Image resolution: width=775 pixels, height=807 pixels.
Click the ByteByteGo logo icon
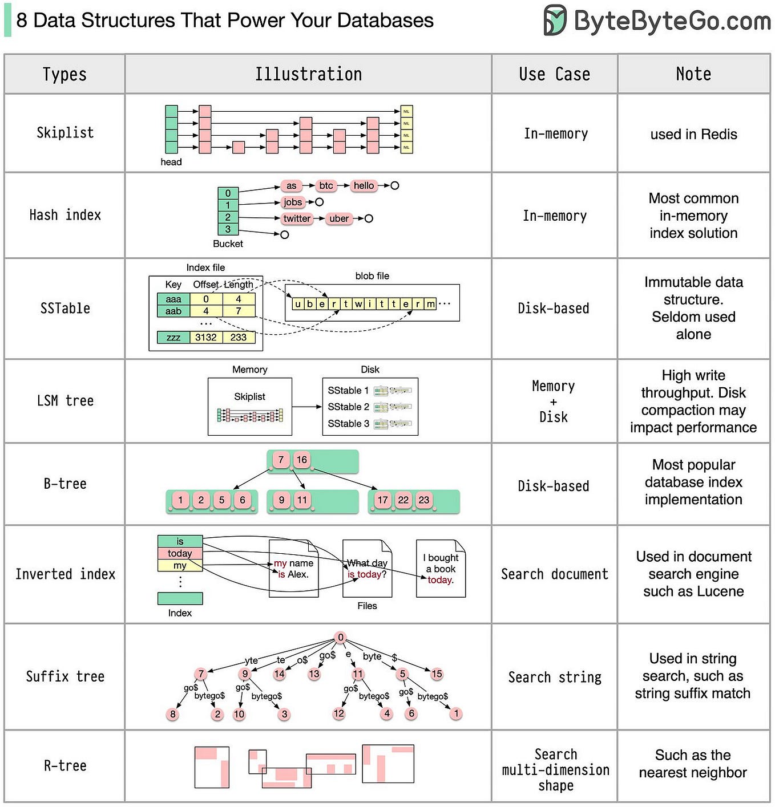[555, 21]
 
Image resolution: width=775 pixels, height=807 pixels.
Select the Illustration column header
[308, 74]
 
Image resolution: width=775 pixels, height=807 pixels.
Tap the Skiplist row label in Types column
[65, 133]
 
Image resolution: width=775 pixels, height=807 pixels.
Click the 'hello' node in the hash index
[364, 185]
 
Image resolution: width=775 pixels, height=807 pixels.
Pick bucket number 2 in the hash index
[228, 217]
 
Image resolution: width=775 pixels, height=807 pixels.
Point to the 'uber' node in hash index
[339, 218]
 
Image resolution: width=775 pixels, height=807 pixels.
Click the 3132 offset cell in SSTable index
[206, 337]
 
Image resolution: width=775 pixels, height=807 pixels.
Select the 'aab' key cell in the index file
[173, 311]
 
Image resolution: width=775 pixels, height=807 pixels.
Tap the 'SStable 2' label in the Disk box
[348, 407]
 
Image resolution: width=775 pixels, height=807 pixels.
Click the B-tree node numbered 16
[301, 460]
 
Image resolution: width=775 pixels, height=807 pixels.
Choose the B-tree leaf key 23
[423, 500]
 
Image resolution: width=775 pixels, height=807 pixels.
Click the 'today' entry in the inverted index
[180, 553]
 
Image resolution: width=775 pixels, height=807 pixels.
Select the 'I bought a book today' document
[441, 569]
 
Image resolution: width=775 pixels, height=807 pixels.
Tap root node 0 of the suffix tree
[341, 637]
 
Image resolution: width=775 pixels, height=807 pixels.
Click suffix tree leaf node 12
[339, 713]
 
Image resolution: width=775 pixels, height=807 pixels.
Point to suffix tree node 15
[437, 674]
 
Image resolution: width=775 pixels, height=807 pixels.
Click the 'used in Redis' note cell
[693, 134]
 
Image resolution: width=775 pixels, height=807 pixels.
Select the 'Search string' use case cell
[555, 677]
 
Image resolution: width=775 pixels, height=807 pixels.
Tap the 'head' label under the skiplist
[171, 162]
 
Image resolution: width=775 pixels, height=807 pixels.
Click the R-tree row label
[65, 766]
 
